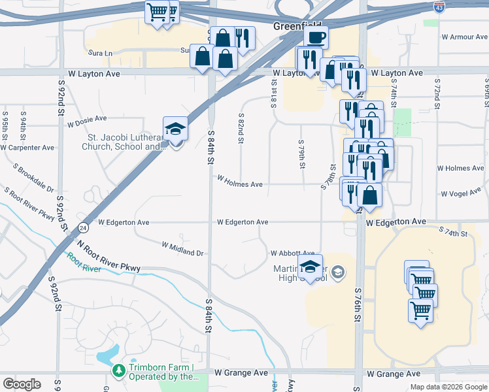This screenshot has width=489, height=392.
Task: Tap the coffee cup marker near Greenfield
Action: click(x=315, y=38)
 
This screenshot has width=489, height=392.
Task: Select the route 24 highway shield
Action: click(x=84, y=227)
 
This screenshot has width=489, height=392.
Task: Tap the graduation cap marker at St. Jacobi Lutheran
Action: click(x=175, y=128)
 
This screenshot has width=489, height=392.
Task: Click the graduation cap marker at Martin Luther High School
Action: click(x=310, y=265)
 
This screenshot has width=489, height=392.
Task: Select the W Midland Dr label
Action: click(x=182, y=248)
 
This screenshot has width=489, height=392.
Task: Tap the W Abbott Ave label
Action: click(x=293, y=253)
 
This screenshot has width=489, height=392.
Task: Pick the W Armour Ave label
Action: click(x=465, y=37)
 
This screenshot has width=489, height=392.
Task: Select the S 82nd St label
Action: click(x=241, y=127)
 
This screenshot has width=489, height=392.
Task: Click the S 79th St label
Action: click(x=301, y=154)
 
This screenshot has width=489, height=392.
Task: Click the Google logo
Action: click(x=22, y=384)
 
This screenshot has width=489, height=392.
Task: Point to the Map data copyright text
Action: click(x=448, y=387)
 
